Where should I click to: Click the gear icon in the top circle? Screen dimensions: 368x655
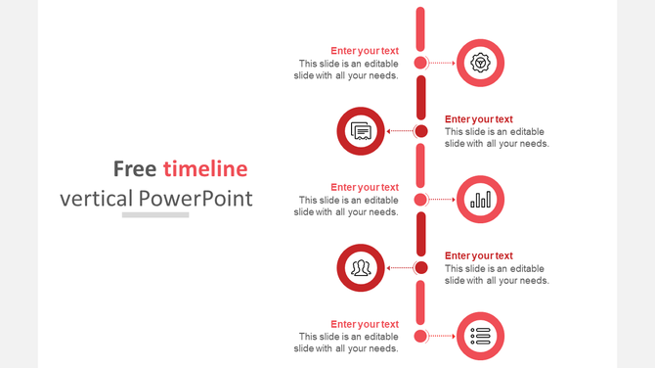pyautogui.click(x=480, y=63)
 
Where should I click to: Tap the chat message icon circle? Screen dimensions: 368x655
pyautogui.click(x=361, y=131)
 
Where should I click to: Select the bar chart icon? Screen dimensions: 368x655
pyautogui.click(x=480, y=200)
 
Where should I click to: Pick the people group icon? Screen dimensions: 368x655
pyautogui.click(x=361, y=267)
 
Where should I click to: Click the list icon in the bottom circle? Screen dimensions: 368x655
pyautogui.click(x=480, y=336)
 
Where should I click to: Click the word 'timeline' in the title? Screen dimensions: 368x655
pyautogui.click(x=205, y=168)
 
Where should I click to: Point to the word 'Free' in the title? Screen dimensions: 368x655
pyautogui.click(x=135, y=168)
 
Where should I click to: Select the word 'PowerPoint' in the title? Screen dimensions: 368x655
pyautogui.click(x=196, y=199)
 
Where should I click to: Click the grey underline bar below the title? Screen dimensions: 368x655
pyautogui.click(x=155, y=214)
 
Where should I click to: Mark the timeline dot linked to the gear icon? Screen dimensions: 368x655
pyautogui.click(x=420, y=63)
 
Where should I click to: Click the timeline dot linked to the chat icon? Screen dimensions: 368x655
pyautogui.click(x=420, y=131)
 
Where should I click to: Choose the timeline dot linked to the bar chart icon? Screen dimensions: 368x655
pyautogui.click(x=420, y=200)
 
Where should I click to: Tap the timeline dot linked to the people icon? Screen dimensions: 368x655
pyautogui.click(x=420, y=267)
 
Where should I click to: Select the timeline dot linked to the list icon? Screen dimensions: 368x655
pyautogui.click(x=420, y=336)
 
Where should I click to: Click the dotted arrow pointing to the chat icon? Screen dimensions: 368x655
pyautogui.click(x=400, y=131)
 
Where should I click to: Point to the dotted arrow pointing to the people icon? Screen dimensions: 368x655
pyautogui.click(x=400, y=267)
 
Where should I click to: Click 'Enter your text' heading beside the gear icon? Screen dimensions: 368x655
pyautogui.click(x=364, y=51)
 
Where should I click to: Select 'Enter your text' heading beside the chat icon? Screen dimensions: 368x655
pyautogui.click(x=478, y=119)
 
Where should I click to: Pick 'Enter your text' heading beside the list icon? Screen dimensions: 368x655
pyautogui.click(x=364, y=324)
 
